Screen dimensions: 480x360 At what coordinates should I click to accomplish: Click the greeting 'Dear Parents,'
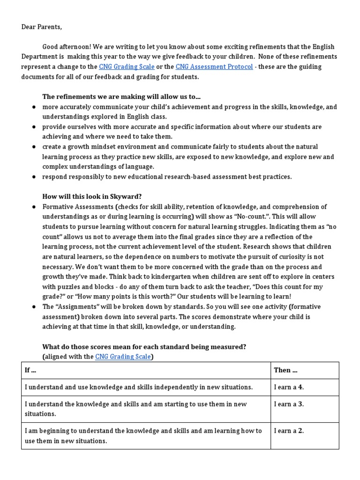pyautogui.click(x=41, y=27)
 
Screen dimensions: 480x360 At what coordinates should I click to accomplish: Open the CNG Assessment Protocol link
pyautogui.click(x=214, y=67)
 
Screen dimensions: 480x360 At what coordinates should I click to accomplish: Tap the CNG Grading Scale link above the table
pyautogui.click(x=123, y=357)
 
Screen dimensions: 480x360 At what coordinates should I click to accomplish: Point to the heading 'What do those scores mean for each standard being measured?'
pyautogui.click(x=144, y=347)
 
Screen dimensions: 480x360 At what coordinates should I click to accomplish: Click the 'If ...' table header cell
pyautogui.click(x=30, y=370)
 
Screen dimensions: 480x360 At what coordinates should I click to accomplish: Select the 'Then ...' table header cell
pyautogui.click(x=285, y=370)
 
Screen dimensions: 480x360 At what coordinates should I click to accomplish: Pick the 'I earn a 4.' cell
pyautogui.click(x=289, y=387)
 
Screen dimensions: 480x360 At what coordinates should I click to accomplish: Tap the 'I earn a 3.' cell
pyautogui.click(x=289, y=404)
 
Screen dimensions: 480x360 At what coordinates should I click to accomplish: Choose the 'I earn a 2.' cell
pyautogui.click(x=289, y=431)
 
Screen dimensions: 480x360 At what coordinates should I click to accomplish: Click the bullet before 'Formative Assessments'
pyautogui.click(x=34, y=207)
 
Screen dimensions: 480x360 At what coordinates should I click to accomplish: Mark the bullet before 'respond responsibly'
pyautogui.click(x=34, y=177)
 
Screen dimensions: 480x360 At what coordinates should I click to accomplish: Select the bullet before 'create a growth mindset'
pyautogui.click(x=34, y=147)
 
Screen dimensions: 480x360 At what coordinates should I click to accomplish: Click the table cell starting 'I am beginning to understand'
pyautogui.click(x=143, y=435)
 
